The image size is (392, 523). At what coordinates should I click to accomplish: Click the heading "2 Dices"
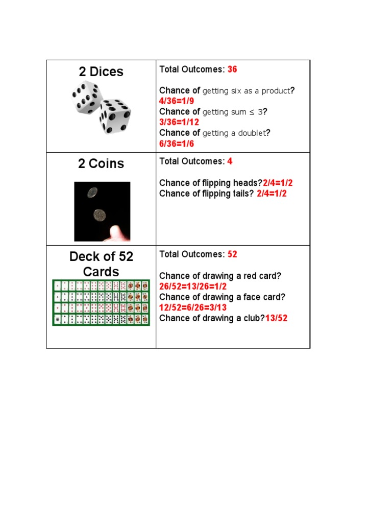101,72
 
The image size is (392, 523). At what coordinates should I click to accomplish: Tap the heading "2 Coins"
101,164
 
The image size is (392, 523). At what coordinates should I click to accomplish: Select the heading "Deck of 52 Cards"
101,264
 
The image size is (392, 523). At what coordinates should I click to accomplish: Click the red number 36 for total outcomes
232,69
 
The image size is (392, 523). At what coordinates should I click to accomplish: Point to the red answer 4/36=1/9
177,101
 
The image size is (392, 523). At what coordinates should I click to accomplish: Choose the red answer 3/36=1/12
179,122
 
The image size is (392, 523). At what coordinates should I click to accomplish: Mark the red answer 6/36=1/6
177,144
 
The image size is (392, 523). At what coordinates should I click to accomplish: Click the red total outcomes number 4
230,161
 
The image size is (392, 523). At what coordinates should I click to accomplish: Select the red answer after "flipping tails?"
272,194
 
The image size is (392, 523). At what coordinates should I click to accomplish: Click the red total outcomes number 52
232,254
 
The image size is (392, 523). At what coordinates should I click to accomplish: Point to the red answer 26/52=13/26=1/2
193,287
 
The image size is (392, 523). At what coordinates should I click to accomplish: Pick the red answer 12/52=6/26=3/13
193,307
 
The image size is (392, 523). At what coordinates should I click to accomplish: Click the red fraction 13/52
276,318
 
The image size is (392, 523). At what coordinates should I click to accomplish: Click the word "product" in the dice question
275,91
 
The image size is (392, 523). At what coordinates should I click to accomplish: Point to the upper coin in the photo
92,193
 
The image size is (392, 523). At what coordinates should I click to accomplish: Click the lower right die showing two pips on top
115,116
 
